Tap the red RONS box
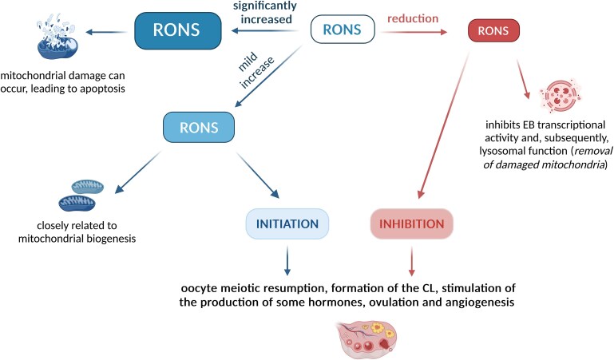(492, 31)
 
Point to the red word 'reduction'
(411, 16)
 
